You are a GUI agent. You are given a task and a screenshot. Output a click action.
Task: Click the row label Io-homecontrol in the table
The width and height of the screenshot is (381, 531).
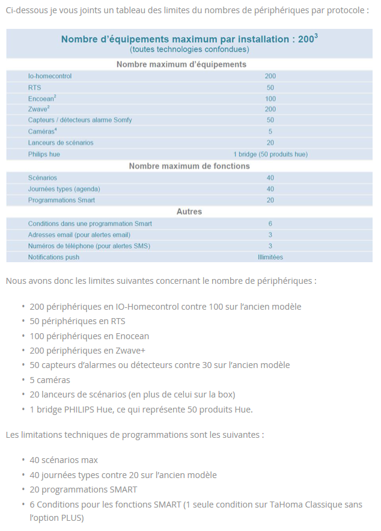(50, 76)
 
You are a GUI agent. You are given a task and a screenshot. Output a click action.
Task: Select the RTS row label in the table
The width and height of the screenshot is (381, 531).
(34, 87)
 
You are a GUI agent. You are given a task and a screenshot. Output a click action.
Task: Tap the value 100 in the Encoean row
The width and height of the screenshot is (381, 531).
(270, 99)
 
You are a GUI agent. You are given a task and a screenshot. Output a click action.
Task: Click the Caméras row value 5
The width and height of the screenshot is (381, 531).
(270, 131)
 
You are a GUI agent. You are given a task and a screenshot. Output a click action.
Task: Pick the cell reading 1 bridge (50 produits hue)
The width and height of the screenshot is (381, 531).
(270, 154)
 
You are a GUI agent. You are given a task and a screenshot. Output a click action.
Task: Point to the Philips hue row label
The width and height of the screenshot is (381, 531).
(44, 154)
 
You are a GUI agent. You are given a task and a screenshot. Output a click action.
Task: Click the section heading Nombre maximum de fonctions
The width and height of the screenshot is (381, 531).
(189, 166)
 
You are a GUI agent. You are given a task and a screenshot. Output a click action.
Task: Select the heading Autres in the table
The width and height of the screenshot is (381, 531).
(189, 212)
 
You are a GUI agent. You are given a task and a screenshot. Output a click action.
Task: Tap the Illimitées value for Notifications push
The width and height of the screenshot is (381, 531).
(270, 257)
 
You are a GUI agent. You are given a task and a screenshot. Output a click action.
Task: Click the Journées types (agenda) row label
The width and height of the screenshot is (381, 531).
(64, 189)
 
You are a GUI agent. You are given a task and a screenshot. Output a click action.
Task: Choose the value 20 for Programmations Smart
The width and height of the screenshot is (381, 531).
(270, 200)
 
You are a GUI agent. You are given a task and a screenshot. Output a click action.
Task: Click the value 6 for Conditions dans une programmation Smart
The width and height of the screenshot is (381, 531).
(270, 224)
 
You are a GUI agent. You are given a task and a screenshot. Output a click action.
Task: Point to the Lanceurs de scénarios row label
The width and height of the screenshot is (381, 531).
(61, 143)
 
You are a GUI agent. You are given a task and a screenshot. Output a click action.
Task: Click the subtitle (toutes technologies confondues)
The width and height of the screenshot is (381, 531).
(189, 49)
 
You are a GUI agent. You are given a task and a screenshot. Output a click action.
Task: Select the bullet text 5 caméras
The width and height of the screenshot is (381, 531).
(50, 380)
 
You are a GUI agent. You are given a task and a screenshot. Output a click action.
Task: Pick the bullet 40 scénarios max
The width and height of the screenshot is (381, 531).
(64, 460)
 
